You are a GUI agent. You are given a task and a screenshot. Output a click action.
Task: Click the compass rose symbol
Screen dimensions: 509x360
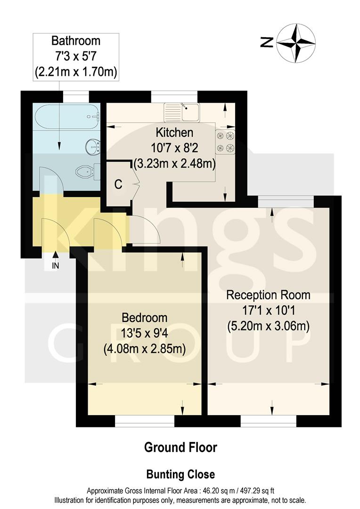295,43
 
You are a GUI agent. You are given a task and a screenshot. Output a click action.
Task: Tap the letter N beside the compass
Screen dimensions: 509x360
266,43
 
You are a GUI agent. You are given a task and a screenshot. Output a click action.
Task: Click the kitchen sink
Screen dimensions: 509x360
182,112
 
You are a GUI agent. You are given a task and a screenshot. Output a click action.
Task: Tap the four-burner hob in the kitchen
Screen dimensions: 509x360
225,142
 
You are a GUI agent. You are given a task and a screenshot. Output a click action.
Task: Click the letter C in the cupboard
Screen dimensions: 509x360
118,184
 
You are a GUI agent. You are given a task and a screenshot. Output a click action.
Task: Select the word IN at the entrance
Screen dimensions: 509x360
56,266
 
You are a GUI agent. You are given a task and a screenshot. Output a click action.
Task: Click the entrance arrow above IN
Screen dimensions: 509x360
56,255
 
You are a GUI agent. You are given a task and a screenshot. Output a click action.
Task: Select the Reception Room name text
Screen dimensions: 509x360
268,295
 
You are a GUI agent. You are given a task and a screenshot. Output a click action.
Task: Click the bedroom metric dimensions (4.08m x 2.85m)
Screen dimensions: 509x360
144,349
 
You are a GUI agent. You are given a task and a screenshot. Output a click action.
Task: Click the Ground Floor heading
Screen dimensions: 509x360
180,447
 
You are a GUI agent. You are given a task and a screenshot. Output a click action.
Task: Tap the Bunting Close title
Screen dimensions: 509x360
180,474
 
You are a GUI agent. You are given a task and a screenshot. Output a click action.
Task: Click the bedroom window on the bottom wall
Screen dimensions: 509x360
145,421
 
